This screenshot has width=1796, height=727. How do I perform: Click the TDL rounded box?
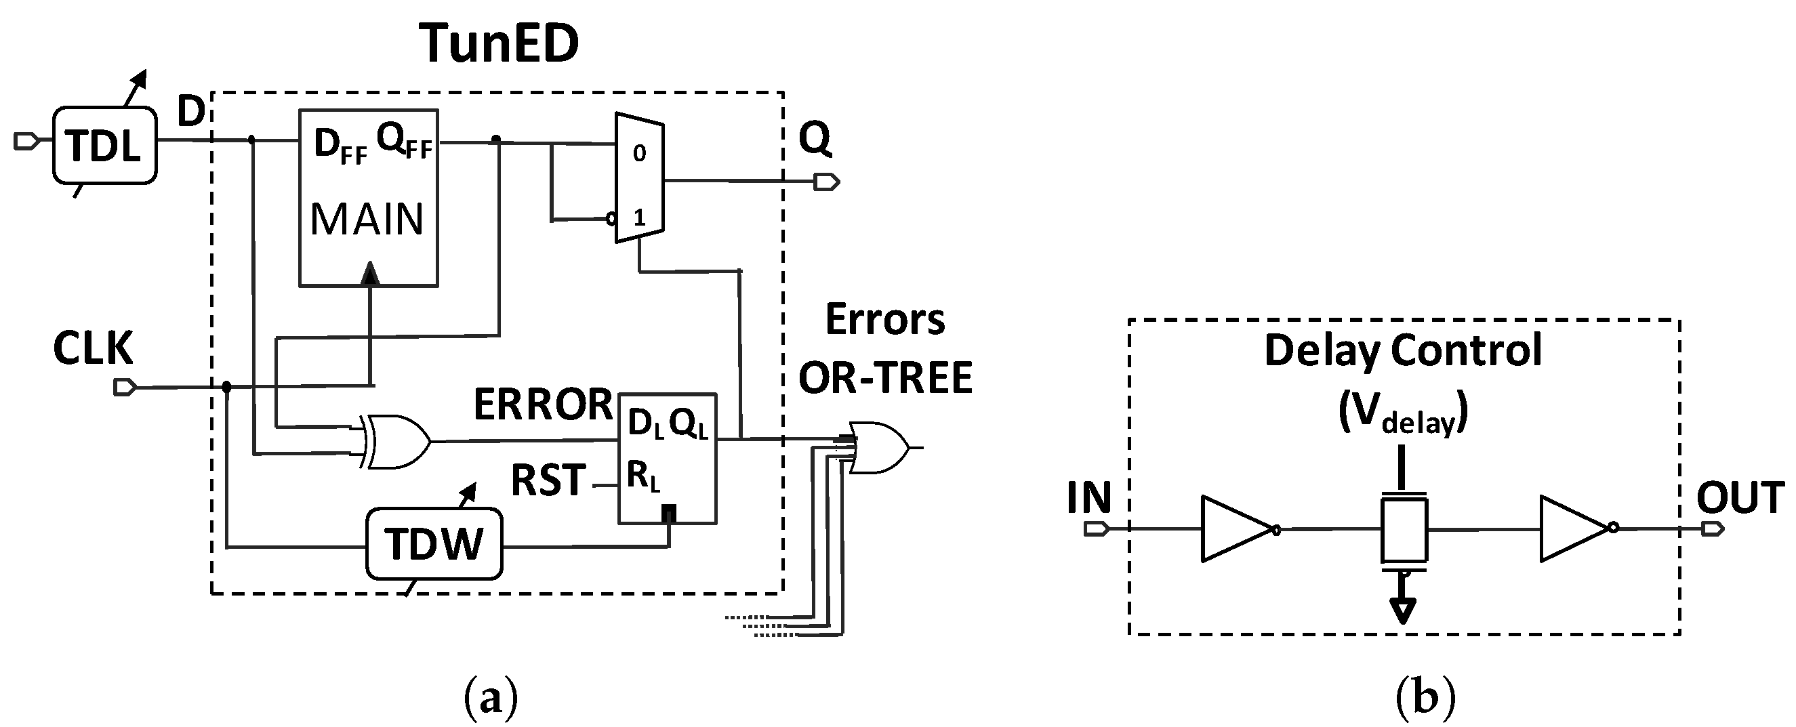point(104,146)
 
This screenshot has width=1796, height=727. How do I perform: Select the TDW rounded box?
point(434,544)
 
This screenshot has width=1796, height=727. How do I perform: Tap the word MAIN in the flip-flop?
point(367,220)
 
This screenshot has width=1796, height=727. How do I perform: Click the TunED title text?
point(499,43)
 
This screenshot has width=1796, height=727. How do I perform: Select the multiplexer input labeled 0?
point(638,153)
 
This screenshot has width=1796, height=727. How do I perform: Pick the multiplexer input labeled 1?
point(638,218)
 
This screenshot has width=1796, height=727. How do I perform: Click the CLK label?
point(93,348)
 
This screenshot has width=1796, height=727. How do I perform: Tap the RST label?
point(548,481)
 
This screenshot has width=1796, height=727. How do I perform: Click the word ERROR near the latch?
point(543,405)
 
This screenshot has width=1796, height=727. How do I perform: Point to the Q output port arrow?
point(827,183)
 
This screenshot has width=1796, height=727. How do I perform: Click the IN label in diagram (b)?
point(1088,498)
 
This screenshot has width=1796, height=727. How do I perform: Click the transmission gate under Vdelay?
point(1404,529)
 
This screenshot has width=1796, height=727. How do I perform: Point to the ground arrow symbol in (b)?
point(1403,610)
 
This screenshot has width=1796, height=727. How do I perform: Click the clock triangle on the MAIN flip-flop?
point(371,273)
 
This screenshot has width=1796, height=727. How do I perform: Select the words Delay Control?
point(1402,350)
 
